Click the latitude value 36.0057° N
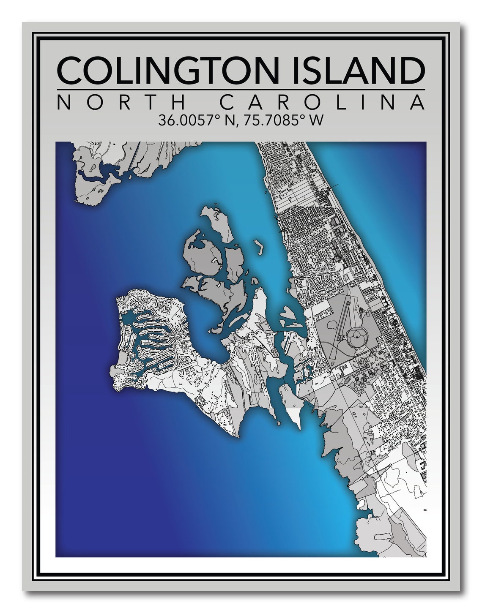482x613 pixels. [192, 121]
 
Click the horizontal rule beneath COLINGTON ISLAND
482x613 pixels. [241, 90]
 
